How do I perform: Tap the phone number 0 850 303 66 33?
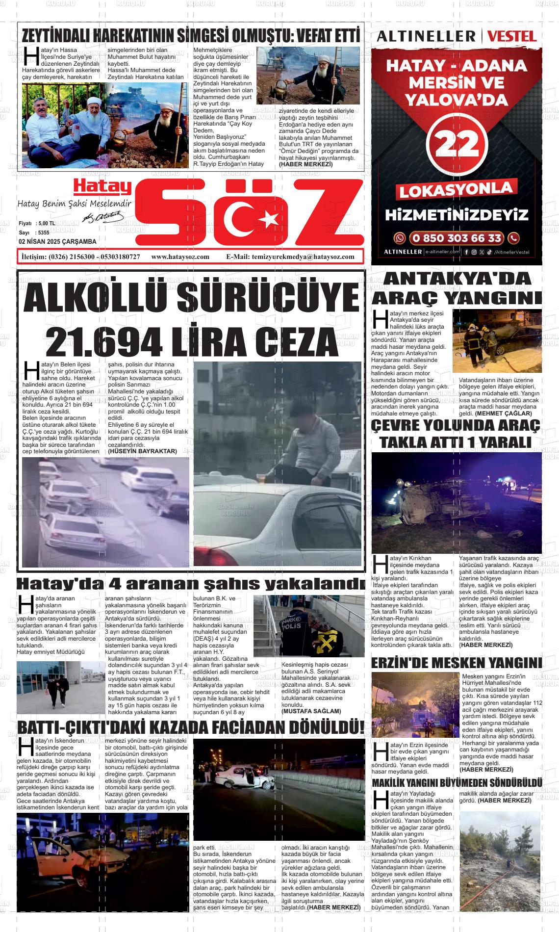tap(457, 238)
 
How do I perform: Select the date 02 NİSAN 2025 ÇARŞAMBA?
tap(57, 242)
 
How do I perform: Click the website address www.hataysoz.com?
tap(180, 257)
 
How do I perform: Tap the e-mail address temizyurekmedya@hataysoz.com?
tap(303, 257)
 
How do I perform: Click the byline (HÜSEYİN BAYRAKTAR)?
tap(142, 451)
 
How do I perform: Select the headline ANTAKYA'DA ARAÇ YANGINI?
tap(457, 288)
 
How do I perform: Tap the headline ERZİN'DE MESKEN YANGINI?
tap(457, 663)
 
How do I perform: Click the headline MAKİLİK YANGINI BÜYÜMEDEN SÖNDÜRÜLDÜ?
tap(457, 783)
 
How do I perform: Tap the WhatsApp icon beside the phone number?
tap(400, 238)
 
